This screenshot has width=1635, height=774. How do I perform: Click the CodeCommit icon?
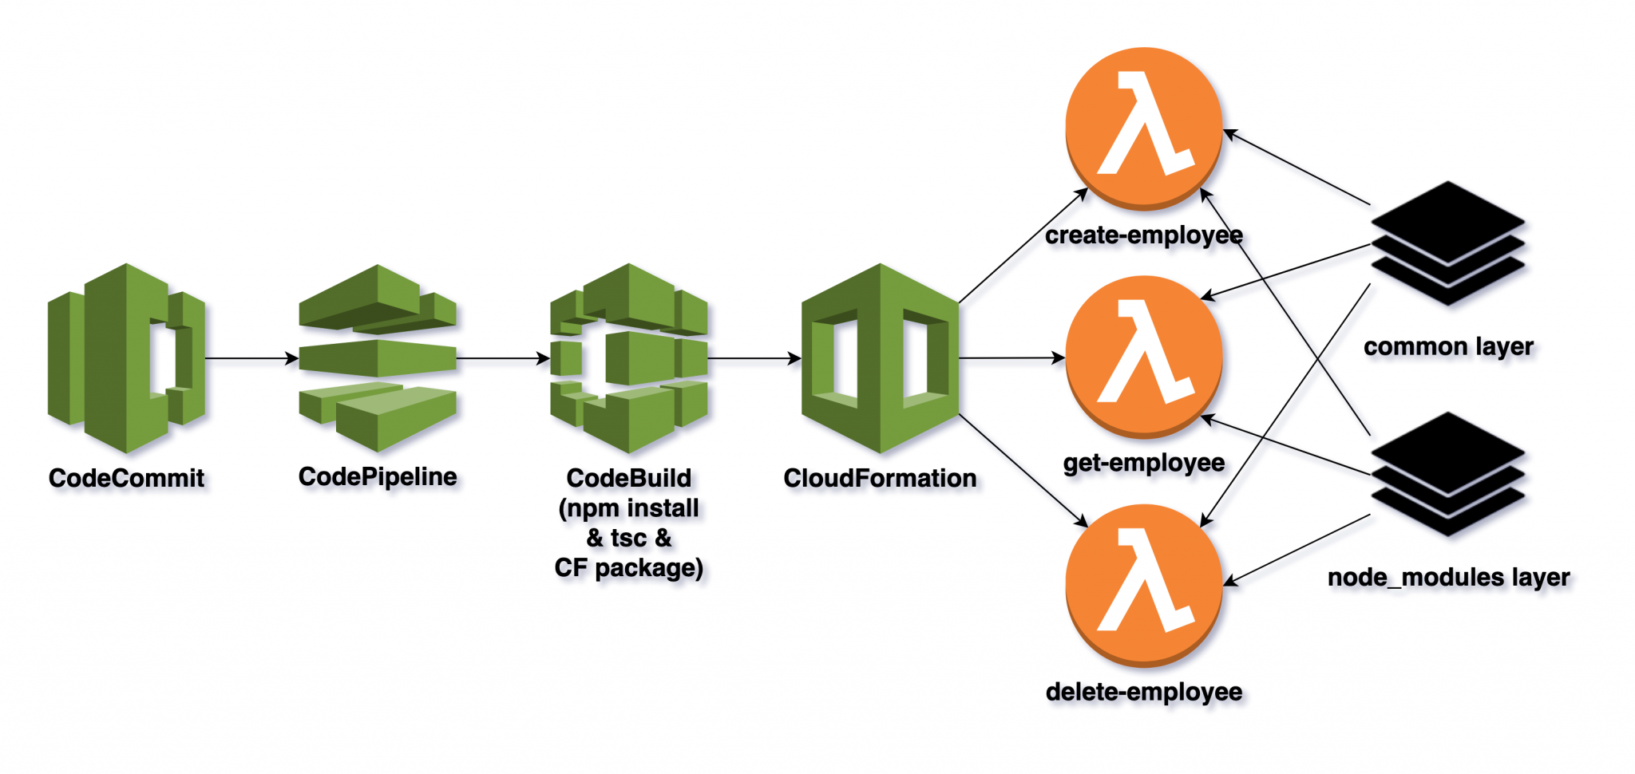click(x=126, y=358)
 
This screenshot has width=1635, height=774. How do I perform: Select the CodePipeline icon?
click(x=378, y=358)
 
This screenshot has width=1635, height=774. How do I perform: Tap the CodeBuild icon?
click(x=629, y=358)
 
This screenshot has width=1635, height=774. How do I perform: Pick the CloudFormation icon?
click(x=880, y=358)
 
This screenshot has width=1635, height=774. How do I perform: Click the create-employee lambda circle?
click(x=1144, y=128)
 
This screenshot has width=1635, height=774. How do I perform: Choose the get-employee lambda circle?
click(x=1144, y=357)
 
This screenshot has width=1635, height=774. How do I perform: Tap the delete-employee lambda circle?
click(x=1144, y=585)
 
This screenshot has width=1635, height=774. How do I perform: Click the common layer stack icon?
click(x=1447, y=243)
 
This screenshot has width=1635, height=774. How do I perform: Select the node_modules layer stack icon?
click(x=1447, y=474)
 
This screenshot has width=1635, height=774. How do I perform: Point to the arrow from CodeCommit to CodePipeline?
click(x=251, y=358)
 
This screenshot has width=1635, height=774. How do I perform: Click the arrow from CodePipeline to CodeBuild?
click(x=503, y=358)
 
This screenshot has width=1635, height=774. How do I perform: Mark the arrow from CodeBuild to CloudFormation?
click(x=754, y=358)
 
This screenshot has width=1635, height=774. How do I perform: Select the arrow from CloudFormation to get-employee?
click(x=1011, y=358)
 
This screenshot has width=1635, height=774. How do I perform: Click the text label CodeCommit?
click(x=126, y=478)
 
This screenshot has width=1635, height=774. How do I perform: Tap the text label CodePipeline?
click(x=378, y=476)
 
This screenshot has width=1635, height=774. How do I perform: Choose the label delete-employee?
click(x=1143, y=692)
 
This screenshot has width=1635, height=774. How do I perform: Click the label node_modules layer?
click(x=1448, y=577)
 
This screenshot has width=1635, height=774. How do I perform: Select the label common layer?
click(x=1448, y=347)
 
